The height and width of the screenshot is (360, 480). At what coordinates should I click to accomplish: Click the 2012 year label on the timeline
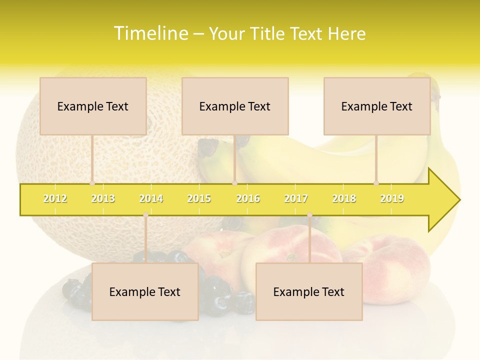coord(55,198)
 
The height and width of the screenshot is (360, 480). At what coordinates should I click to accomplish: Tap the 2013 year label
coord(103,198)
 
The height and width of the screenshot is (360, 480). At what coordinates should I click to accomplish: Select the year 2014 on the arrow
coord(151,198)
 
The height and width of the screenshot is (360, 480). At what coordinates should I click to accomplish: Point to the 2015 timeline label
coord(199,198)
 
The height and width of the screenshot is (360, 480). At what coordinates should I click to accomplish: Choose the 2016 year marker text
coord(248,198)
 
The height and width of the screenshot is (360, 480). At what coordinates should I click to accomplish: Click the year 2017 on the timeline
coord(296,198)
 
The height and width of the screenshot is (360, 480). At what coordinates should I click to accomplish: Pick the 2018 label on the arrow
coord(344,198)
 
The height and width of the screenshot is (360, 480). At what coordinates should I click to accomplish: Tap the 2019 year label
coord(392,198)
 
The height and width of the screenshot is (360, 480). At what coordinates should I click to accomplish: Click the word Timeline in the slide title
coord(149,33)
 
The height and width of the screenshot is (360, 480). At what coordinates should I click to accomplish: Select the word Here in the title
coord(346,33)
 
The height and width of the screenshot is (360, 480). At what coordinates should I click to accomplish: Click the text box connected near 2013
coord(93,106)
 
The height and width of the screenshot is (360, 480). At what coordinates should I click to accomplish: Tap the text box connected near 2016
coord(235,106)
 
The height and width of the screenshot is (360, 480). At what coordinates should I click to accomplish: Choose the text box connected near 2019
coord(377,106)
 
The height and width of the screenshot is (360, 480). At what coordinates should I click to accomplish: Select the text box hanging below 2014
coord(145,291)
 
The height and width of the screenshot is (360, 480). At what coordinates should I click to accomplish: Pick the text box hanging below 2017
coord(309,291)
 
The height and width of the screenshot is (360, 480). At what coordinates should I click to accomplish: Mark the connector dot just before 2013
coord(92,183)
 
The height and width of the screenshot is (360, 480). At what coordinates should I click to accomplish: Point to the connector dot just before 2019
coord(376,183)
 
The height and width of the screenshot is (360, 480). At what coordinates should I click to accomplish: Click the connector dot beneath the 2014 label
coord(145,215)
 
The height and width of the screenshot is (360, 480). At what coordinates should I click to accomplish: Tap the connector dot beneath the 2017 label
coord(309,215)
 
